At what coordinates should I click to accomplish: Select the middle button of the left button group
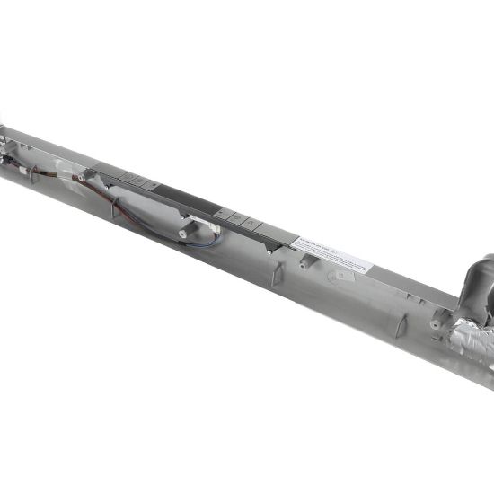[139, 181]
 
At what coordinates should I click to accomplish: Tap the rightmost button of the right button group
[251, 222]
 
